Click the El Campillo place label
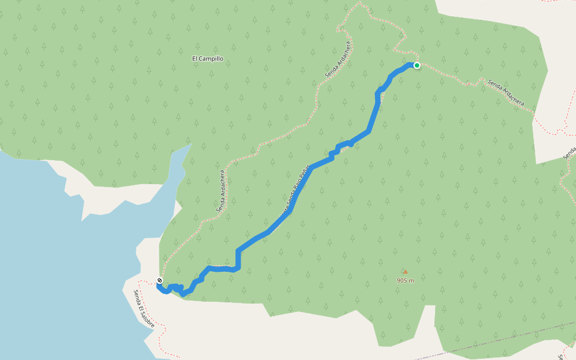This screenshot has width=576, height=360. point(208,59)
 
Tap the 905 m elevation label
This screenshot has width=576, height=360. point(406,280)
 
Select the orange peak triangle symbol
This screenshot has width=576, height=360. point(405,272)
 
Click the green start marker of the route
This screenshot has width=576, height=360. point(416,65)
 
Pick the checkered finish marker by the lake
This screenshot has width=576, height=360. point(160,280)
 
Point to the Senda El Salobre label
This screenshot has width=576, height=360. point(144,309)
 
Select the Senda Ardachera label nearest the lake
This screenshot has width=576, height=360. point(221,192)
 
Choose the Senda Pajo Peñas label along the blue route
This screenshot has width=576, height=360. point(294,192)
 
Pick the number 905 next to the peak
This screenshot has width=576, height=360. point(402,280)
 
